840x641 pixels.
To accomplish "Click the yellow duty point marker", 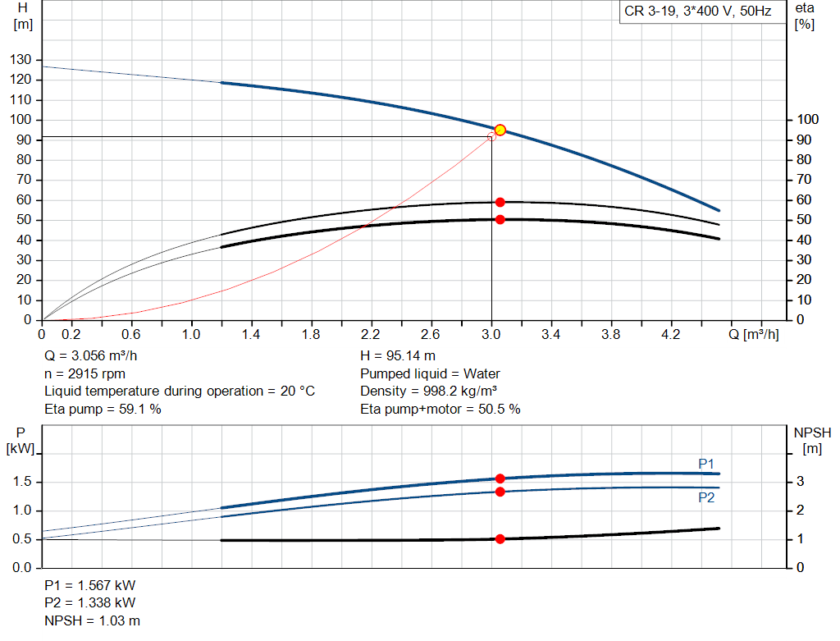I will coord(500,130).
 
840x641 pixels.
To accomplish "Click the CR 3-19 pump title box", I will coord(697,12).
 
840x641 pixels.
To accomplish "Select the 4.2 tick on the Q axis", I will coord(671,335).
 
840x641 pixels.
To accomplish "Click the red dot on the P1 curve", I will coord(500,478).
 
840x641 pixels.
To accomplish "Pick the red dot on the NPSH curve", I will coord(500,539).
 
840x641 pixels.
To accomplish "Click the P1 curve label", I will coord(706,464).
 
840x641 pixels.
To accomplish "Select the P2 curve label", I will coord(706,497).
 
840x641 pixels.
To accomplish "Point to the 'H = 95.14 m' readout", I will coord(398,356).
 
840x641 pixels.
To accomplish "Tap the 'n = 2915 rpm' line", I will coord(84,373).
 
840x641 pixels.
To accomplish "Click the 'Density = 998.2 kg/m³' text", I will coord(430,391).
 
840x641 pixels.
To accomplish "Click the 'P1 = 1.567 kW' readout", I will coord(90,586).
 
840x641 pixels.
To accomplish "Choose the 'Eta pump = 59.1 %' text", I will coord(103,409).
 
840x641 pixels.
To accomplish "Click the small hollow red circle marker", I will coord(491,136).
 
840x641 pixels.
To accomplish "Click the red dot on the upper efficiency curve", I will coord(500,202).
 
